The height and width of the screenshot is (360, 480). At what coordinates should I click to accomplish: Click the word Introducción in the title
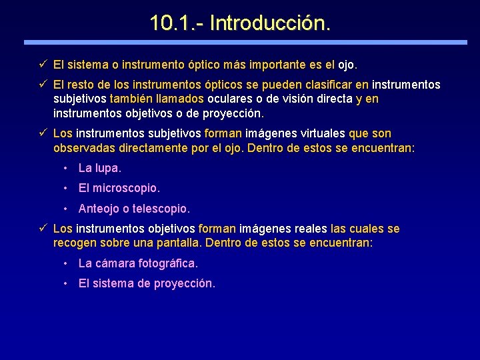coord(270,23)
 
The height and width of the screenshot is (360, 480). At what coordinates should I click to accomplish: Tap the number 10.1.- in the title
coord(177,23)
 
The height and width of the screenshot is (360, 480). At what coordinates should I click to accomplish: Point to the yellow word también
coord(133,99)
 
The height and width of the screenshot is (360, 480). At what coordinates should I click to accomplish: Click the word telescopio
coord(161,209)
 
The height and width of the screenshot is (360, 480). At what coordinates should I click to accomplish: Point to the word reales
coord(311,229)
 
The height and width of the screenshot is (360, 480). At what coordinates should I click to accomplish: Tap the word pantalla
coord(180,243)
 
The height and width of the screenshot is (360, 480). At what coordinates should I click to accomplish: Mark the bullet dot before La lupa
coord(65,168)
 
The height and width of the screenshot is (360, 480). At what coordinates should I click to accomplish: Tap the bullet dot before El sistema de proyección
coord(65,284)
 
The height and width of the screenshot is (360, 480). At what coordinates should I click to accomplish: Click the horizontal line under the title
coord(245,42)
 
